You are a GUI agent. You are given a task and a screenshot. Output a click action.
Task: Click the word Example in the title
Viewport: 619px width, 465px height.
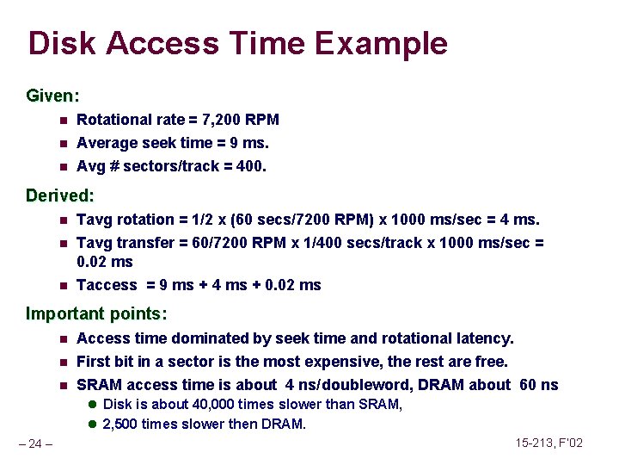point(387,43)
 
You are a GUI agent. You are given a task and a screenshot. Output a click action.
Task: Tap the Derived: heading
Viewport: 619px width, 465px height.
point(59,195)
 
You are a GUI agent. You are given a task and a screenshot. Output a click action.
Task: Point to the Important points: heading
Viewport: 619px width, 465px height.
point(96,313)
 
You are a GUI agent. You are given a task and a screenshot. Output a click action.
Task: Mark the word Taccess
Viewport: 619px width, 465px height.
point(107,285)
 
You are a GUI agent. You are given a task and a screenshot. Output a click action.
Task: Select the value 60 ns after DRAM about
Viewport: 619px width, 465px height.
point(539,385)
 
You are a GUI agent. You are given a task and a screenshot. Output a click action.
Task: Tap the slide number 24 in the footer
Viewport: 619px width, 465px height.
point(35,444)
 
